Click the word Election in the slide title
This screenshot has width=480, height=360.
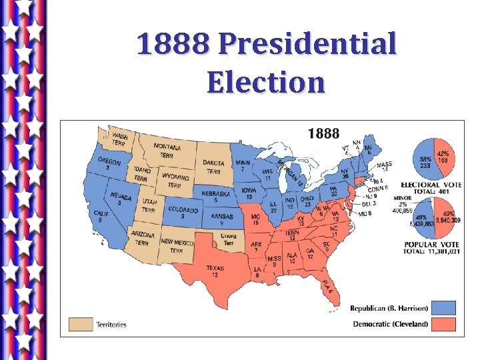pyautogui.click(x=265, y=82)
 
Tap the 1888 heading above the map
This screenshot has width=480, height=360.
pyautogui.click(x=323, y=133)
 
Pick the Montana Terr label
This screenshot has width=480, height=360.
pyautogui.click(x=167, y=151)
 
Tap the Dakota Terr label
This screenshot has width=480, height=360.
pyautogui.click(x=213, y=167)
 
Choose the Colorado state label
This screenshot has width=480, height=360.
pyautogui.click(x=183, y=213)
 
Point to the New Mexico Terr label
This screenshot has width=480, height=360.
pyautogui.click(x=177, y=246)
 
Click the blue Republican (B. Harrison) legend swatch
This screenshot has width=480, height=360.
pyautogui.click(x=443, y=308)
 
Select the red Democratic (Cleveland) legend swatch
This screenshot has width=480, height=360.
pyautogui.click(x=443, y=325)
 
